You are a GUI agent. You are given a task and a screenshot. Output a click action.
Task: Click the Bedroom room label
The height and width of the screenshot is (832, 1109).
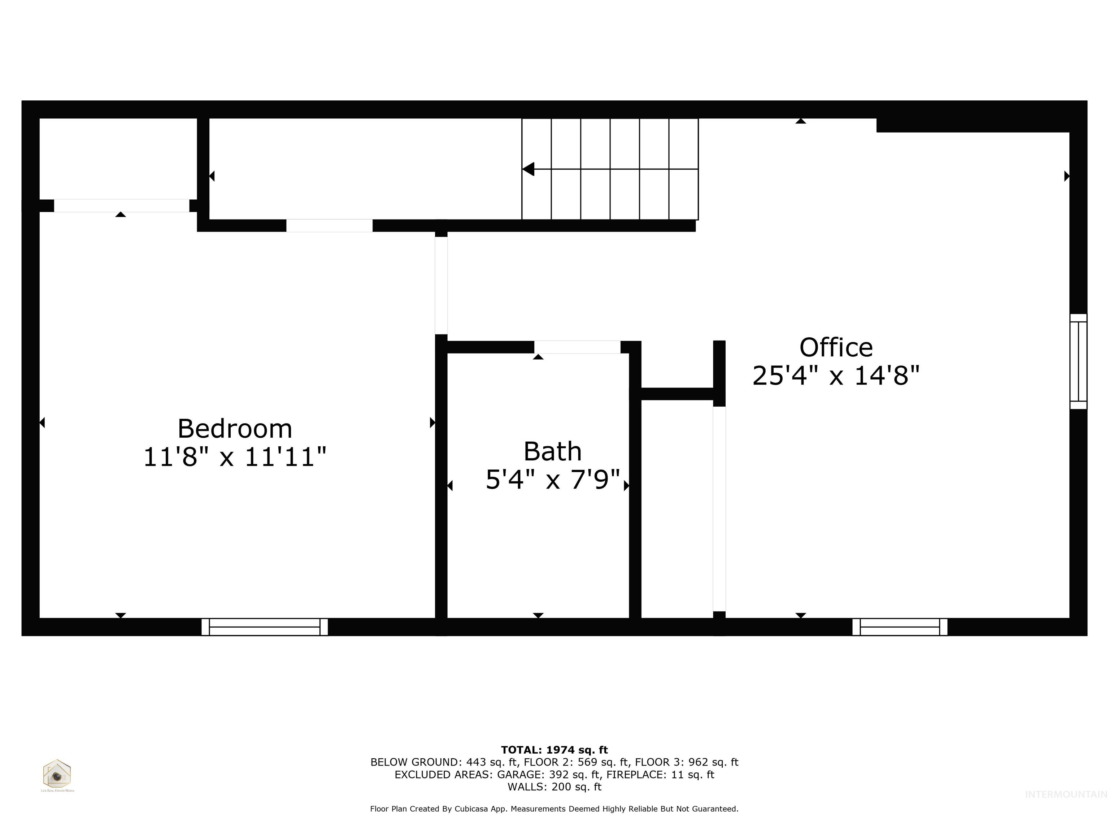tap(235, 429)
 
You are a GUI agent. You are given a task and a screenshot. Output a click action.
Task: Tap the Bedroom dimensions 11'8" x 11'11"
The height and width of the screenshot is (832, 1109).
tap(235, 457)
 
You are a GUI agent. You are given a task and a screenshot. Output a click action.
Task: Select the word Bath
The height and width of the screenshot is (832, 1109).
tap(552, 451)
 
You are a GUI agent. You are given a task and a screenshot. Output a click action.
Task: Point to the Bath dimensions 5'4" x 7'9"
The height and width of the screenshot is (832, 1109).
tap(552, 480)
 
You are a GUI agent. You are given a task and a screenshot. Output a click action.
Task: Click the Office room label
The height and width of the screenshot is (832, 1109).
tap(836, 347)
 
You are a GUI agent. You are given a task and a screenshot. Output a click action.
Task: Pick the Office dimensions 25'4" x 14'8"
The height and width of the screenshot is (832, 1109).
tap(836, 375)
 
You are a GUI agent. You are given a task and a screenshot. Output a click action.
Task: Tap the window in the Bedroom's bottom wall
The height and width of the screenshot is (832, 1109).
tap(265, 627)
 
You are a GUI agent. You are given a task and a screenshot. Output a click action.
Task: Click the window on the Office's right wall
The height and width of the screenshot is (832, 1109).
tap(1078, 361)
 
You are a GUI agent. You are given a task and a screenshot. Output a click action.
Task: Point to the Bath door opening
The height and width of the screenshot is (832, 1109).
tap(577, 347)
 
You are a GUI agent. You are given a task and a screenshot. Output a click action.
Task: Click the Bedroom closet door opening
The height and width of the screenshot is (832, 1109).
tap(121, 205)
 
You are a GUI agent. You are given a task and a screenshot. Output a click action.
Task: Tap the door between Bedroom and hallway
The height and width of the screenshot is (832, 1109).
tap(441, 285)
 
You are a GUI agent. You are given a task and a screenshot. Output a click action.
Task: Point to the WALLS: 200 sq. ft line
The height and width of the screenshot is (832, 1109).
tap(554, 786)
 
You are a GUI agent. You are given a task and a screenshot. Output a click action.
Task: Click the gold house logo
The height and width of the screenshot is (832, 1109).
tap(57, 774)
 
